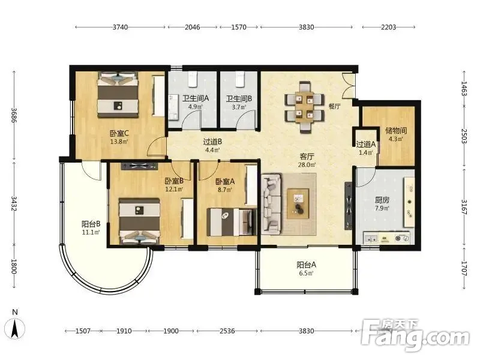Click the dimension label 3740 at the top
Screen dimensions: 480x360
pos(120,27)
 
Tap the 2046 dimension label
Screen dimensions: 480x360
pos(192,27)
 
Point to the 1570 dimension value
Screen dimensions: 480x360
pos(238,27)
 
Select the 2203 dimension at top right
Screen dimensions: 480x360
pos(388,27)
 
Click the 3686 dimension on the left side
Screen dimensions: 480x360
pos(14,115)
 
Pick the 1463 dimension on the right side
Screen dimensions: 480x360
pos(464,88)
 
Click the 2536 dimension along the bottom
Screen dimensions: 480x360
pos(227,331)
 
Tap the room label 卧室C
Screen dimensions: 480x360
pos(119,133)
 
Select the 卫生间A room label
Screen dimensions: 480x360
pos(196,98)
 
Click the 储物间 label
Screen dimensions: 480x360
pos(396,131)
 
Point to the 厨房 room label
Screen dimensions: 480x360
pos(382,200)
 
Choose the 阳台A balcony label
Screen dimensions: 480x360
pos(306,265)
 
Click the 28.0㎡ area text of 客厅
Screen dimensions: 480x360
pos(307,164)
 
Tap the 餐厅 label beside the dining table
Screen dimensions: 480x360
pos(334,106)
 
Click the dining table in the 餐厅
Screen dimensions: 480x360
pos(304,107)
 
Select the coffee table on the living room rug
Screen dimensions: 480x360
pos(298,203)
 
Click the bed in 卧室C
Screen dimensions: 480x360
pos(118,95)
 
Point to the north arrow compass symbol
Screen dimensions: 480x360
pos(14,328)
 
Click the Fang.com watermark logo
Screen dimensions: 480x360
pos(415,336)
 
